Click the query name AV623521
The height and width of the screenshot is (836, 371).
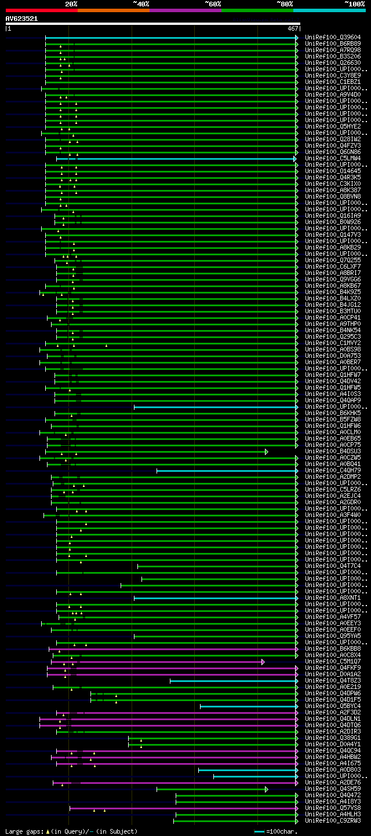[21, 19]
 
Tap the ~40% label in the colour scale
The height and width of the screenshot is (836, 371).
[141, 3]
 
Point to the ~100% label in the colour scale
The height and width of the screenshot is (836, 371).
[354, 3]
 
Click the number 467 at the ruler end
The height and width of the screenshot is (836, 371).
[293, 28]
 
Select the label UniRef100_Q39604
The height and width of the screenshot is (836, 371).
[333, 37]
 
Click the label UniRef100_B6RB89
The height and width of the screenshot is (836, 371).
[333, 43]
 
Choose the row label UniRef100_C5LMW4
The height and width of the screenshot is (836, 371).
[333, 158]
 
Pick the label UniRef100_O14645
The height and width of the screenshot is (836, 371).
[333, 171]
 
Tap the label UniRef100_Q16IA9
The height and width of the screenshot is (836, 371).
[333, 215]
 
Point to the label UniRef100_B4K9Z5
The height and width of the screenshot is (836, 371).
[333, 292]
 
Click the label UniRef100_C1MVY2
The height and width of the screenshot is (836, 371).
[333, 343]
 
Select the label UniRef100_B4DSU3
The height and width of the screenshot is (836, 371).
[333, 451]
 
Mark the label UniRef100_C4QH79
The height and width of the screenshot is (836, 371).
[333, 470]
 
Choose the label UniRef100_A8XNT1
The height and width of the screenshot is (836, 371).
[333, 597]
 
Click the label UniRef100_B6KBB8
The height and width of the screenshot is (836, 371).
[333, 648]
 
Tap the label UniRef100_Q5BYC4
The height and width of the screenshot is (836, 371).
[333, 706]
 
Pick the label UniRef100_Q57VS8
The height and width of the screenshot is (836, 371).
[333, 808]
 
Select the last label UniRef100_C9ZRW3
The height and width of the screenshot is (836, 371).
[333, 820]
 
